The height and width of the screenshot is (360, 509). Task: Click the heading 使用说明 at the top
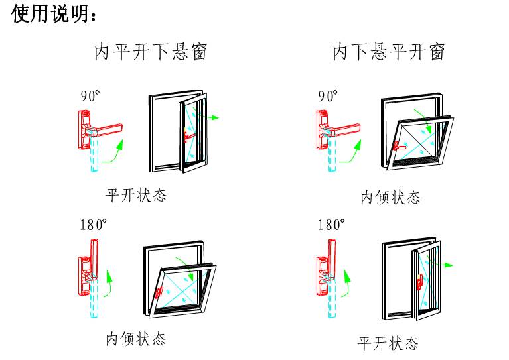click(x=55, y=15)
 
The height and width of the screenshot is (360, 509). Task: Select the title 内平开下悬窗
click(x=151, y=52)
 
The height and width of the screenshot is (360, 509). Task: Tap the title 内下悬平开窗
click(x=388, y=52)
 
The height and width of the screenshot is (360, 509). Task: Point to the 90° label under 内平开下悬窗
click(x=90, y=95)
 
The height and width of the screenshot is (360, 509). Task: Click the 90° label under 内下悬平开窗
click(x=328, y=95)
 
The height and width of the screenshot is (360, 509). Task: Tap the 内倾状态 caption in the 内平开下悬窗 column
click(x=136, y=339)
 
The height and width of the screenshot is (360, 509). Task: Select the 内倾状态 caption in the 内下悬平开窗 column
click(x=390, y=197)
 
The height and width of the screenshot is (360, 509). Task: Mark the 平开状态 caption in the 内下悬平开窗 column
click(x=388, y=343)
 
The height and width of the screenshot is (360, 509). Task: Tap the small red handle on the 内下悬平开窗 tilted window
click(x=397, y=145)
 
